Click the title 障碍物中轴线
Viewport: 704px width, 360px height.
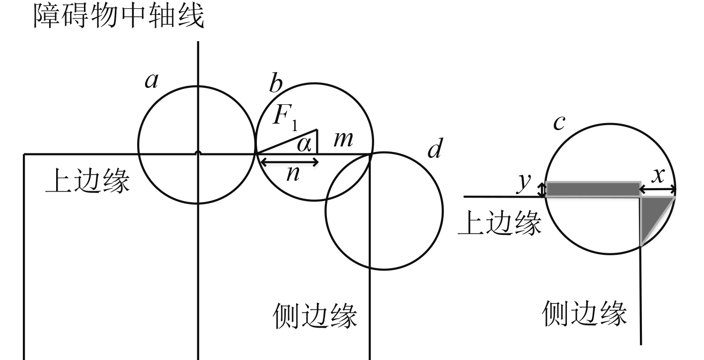(x=118, y=17)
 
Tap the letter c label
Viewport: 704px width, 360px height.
(x=559, y=123)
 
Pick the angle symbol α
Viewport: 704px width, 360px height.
(x=304, y=145)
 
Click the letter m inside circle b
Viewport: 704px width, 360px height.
(x=343, y=141)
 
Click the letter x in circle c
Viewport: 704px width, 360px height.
(x=658, y=175)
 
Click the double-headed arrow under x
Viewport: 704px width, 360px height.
(x=657, y=189)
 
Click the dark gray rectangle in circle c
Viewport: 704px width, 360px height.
(x=592, y=189)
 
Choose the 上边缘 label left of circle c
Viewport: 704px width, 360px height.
(x=499, y=224)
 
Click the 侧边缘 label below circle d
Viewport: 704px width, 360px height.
(x=315, y=316)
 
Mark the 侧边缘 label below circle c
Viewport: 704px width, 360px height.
(x=585, y=313)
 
